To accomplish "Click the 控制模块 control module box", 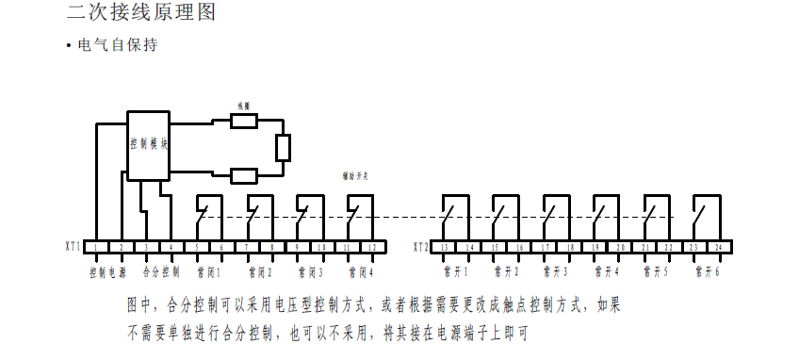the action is click(x=149, y=145).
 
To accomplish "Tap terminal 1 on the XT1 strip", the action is click(x=97, y=247).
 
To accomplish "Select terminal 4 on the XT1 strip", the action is click(x=171, y=247).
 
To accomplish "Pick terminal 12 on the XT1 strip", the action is click(x=372, y=247).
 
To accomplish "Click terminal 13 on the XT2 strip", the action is click(x=444, y=247).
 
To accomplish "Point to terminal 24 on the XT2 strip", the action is click(x=720, y=247).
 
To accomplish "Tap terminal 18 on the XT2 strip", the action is click(x=569, y=247).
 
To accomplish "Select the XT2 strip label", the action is click(x=420, y=247).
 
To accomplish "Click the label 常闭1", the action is click(x=208, y=272).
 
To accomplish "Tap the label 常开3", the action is click(x=557, y=272).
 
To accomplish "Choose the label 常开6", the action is click(x=708, y=272).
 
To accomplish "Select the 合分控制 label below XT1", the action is click(x=160, y=272).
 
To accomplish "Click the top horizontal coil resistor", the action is click(x=244, y=121).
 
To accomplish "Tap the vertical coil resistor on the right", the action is click(x=283, y=148).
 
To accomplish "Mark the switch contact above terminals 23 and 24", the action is click(x=705, y=211).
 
